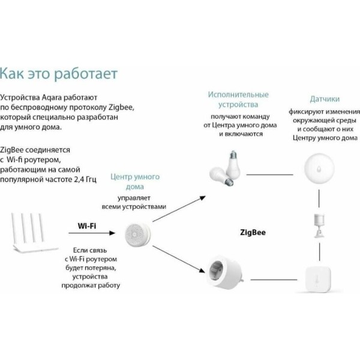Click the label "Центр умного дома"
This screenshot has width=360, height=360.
pos(135,182)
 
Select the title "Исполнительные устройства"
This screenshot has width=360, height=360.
pos(238,100)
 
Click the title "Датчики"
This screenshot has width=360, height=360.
pos(325,99)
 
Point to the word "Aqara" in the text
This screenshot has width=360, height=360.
pos(56,97)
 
